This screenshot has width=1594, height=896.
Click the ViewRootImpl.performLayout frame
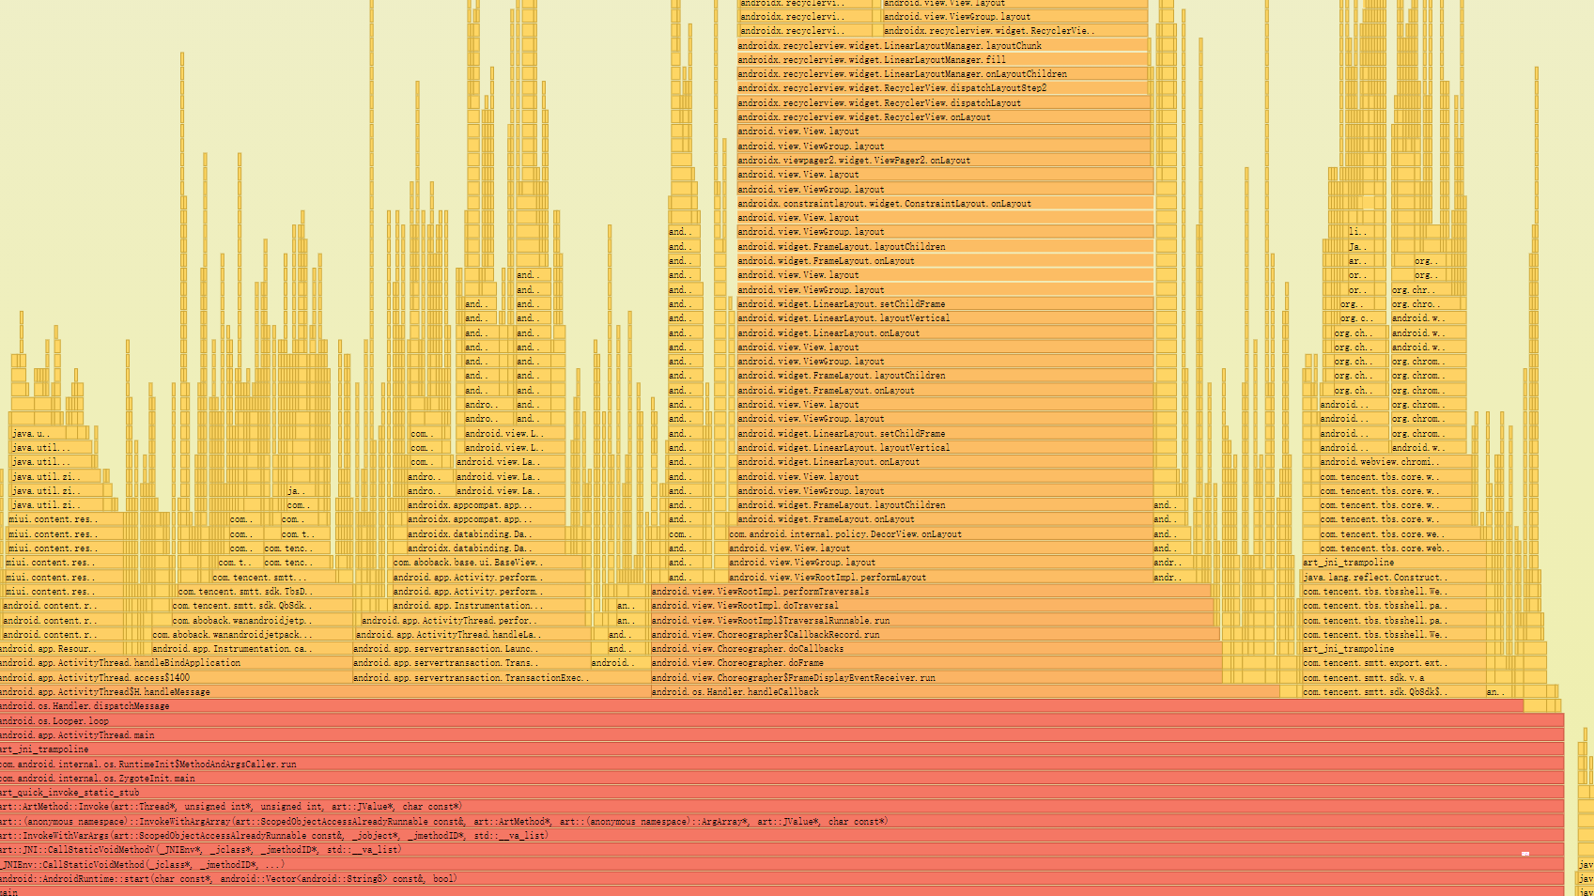tap(939, 577)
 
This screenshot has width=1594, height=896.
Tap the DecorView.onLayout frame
tap(939, 533)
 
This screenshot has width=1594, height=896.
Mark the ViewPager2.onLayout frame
tap(939, 160)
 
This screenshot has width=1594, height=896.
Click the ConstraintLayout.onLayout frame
tap(939, 203)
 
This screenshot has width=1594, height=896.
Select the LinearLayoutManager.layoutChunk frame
tap(939, 45)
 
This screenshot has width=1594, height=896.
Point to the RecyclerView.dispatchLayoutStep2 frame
tap(939, 87)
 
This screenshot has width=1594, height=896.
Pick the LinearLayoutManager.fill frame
tap(939, 59)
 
